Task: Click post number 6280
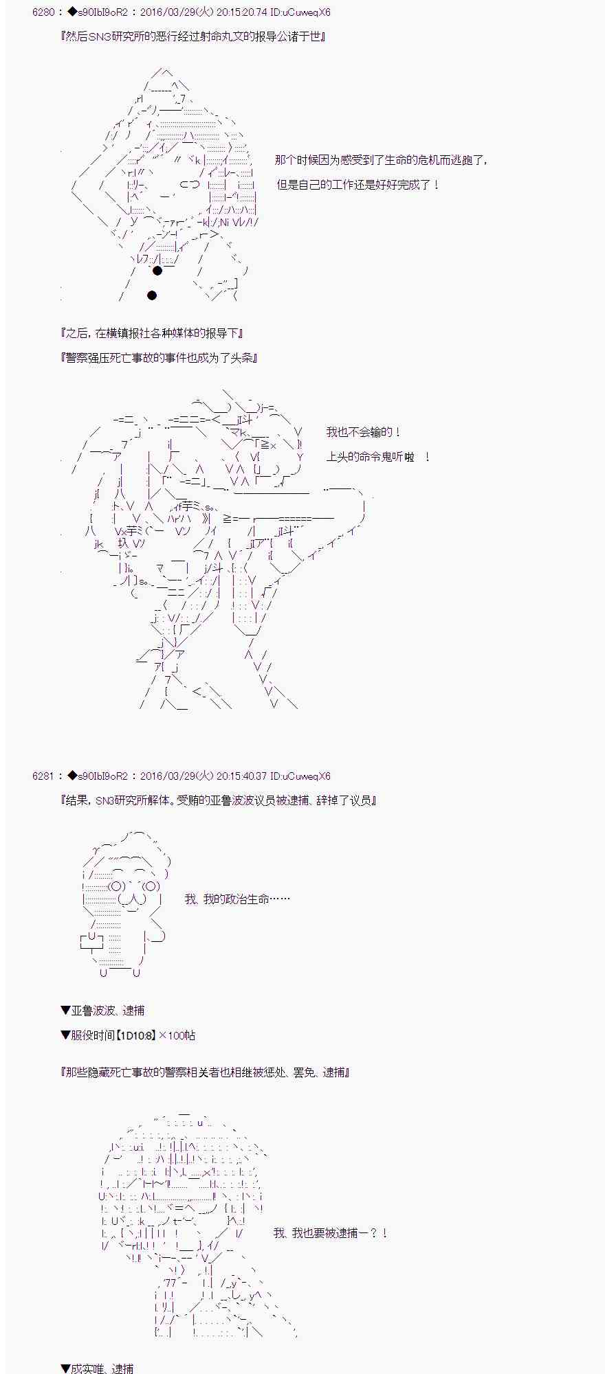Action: [x=42, y=12]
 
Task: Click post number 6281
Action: [x=42, y=776]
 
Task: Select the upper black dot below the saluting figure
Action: [x=157, y=271]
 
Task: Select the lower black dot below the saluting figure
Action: [x=152, y=295]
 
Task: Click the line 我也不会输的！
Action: [x=363, y=432]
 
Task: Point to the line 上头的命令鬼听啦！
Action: [x=378, y=457]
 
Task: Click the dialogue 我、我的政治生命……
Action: [x=237, y=899]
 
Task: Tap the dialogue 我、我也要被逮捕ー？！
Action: [x=331, y=1233]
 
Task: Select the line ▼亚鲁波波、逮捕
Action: [x=102, y=1011]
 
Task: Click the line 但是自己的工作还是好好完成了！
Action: [x=357, y=185]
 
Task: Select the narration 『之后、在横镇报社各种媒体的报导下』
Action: [x=152, y=333]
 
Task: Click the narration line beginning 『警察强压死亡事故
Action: [x=159, y=358]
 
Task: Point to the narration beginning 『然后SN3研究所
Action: [x=193, y=36]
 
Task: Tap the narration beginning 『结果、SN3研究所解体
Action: [x=219, y=800]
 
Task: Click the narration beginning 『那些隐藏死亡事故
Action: [x=206, y=1072]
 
